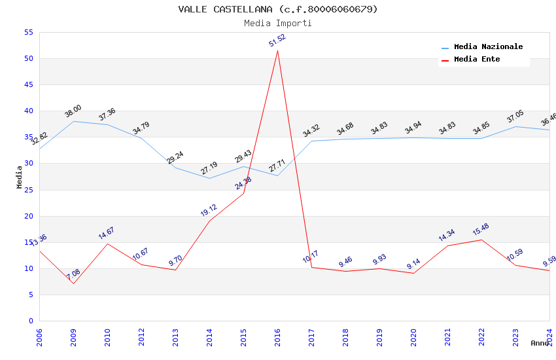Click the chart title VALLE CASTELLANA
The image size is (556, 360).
pyautogui.click(x=278, y=9)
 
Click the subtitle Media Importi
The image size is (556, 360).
pyautogui.click(x=278, y=23)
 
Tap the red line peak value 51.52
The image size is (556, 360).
pyautogui.click(x=277, y=41)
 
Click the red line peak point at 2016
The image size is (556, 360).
pyautogui.click(x=277, y=51)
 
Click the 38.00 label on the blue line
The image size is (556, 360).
pyautogui.click(x=73, y=111)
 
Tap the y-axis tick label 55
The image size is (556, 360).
pyautogui.click(x=28, y=32)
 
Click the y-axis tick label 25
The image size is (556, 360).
pyautogui.click(x=28, y=190)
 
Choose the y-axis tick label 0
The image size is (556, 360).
pyautogui.click(x=31, y=321)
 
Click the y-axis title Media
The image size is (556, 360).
pyautogui.click(x=20, y=177)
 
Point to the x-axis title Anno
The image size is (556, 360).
pyautogui.click(x=540, y=343)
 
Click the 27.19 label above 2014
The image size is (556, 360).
pyautogui.click(x=209, y=169)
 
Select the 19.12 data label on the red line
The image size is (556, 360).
pyautogui.click(x=209, y=210)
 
